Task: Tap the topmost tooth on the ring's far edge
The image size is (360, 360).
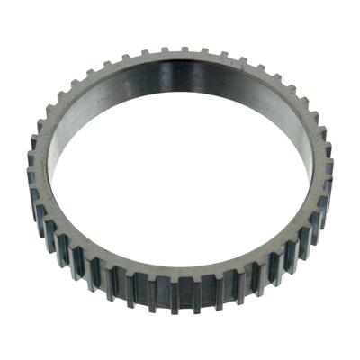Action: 184,49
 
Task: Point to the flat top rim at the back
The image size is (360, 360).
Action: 180,59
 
